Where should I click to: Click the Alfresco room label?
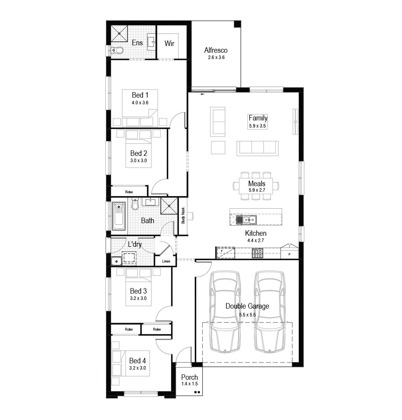[216, 50]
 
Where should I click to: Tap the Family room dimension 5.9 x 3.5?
[257, 126]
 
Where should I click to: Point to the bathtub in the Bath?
[119, 216]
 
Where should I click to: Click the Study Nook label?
[183, 216]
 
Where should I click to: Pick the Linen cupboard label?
[166, 261]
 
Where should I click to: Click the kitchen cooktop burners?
[257, 253]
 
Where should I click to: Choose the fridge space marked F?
[225, 253]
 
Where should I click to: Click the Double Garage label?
[247, 306]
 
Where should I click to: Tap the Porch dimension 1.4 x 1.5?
[189, 383]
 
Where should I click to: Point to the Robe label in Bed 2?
[129, 192]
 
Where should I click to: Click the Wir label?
[169, 43]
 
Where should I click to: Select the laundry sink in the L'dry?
[116, 261]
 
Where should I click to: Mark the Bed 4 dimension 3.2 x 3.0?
[138, 368]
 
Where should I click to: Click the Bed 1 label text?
[140, 95]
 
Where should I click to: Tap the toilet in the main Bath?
[135, 204]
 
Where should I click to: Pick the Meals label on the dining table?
[257, 183]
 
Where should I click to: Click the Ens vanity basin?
[152, 42]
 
